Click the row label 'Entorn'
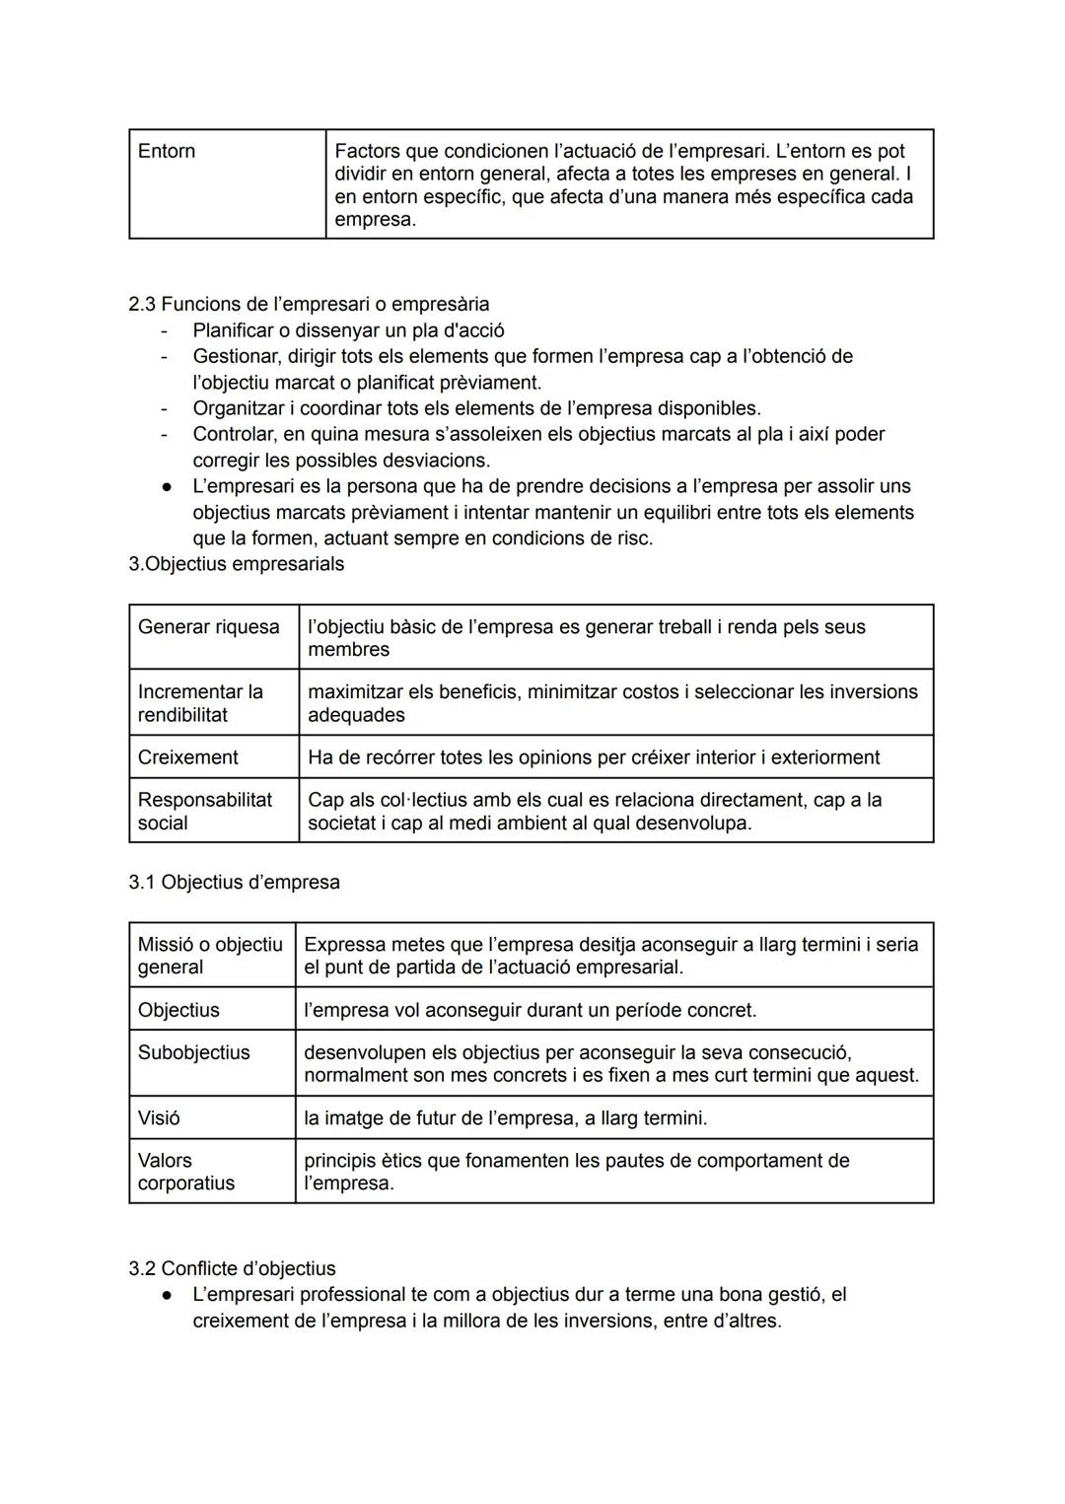(167, 151)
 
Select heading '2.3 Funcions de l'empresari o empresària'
(309, 304)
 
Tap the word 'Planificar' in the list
(238, 330)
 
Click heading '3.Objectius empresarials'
(237, 564)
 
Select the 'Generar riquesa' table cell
(209, 627)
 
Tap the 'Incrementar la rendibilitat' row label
(200, 703)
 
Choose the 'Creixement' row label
(187, 757)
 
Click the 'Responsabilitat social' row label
(205, 811)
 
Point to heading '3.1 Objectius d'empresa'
(234, 882)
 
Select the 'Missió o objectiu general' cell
(210, 956)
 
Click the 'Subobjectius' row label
(194, 1052)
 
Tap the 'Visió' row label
(160, 1117)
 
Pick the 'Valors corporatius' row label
(186, 1172)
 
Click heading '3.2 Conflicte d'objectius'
(232, 1268)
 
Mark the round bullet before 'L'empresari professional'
(169, 1295)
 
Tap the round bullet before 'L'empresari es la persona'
(169, 487)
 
